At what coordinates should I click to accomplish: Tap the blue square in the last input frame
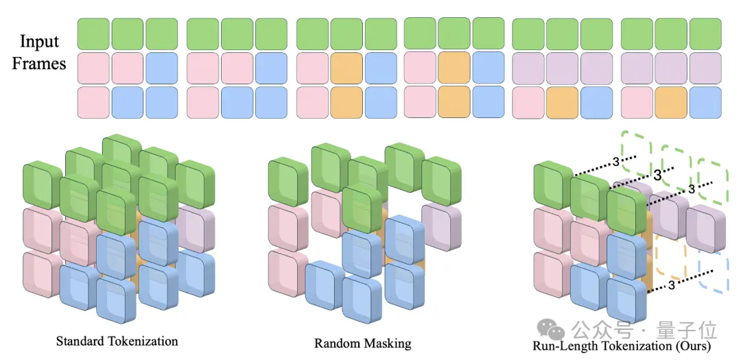[705, 103]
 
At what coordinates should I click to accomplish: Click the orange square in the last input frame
[671, 103]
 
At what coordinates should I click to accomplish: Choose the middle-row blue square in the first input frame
[162, 69]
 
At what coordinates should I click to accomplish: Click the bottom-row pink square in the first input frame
[93, 103]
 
